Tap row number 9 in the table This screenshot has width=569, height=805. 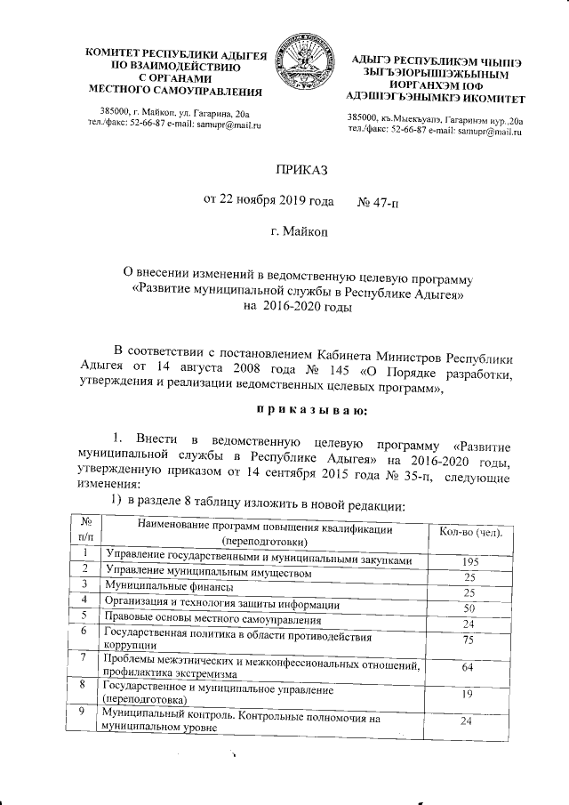(x=82, y=713)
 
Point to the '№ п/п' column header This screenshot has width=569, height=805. (x=85, y=530)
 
